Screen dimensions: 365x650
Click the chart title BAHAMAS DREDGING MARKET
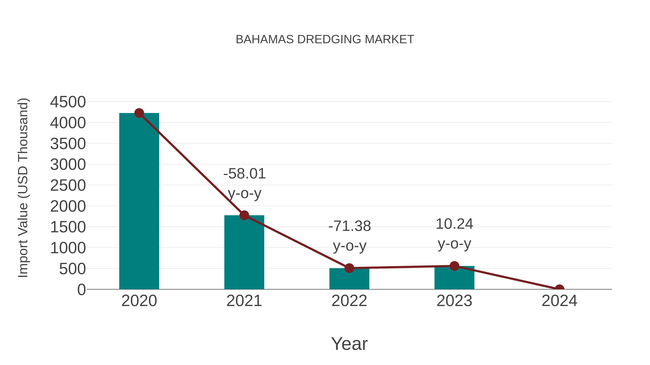click(325, 39)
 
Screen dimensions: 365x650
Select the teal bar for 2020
click(139, 202)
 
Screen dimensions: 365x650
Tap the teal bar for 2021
click(244, 252)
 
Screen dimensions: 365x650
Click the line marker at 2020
click(139, 113)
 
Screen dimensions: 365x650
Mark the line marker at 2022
click(349, 268)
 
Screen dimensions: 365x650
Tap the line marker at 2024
click(559, 289)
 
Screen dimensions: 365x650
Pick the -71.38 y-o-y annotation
click(350, 236)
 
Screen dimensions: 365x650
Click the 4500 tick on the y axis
click(68, 102)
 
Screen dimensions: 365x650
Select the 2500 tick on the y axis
click(68, 186)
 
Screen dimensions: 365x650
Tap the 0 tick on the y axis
click(81, 290)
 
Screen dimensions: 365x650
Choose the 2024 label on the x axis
click(559, 301)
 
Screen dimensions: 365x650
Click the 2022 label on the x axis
click(349, 301)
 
